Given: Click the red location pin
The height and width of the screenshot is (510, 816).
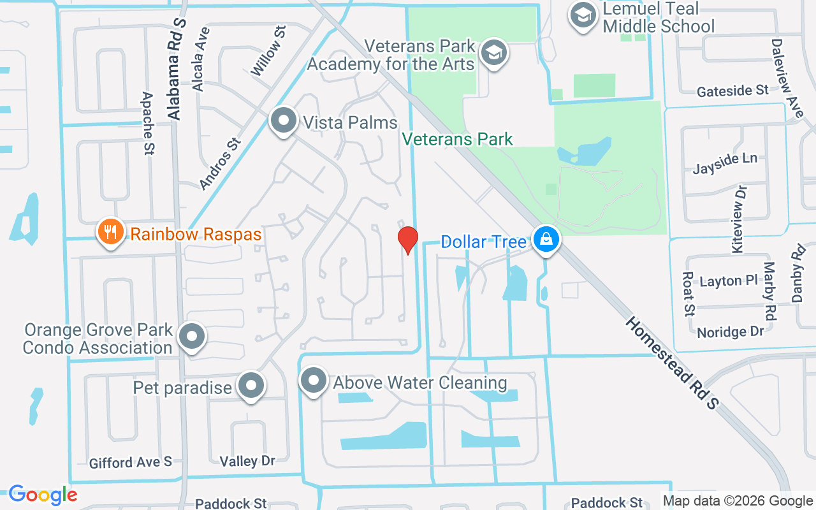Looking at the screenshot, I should (408, 240).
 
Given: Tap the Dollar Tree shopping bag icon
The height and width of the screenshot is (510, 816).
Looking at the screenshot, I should (546, 241).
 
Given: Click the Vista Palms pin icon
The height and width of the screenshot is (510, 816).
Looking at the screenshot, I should (282, 120).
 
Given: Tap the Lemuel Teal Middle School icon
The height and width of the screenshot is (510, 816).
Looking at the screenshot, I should (583, 16).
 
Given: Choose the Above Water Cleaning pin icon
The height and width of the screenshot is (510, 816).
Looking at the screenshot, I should (313, 381).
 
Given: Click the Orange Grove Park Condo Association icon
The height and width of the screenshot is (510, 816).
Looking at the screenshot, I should (191, 337).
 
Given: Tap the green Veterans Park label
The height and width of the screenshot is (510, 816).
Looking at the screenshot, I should (458, 139).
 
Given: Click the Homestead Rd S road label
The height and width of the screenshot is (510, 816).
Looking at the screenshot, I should (671, 362).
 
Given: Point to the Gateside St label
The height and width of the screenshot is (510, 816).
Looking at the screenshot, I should (732, 91).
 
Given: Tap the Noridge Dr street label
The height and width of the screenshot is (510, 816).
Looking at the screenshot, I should (730, 332).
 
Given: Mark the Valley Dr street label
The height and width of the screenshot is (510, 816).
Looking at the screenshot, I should (247, 461).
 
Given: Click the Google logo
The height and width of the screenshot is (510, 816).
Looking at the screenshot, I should (43, 495).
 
